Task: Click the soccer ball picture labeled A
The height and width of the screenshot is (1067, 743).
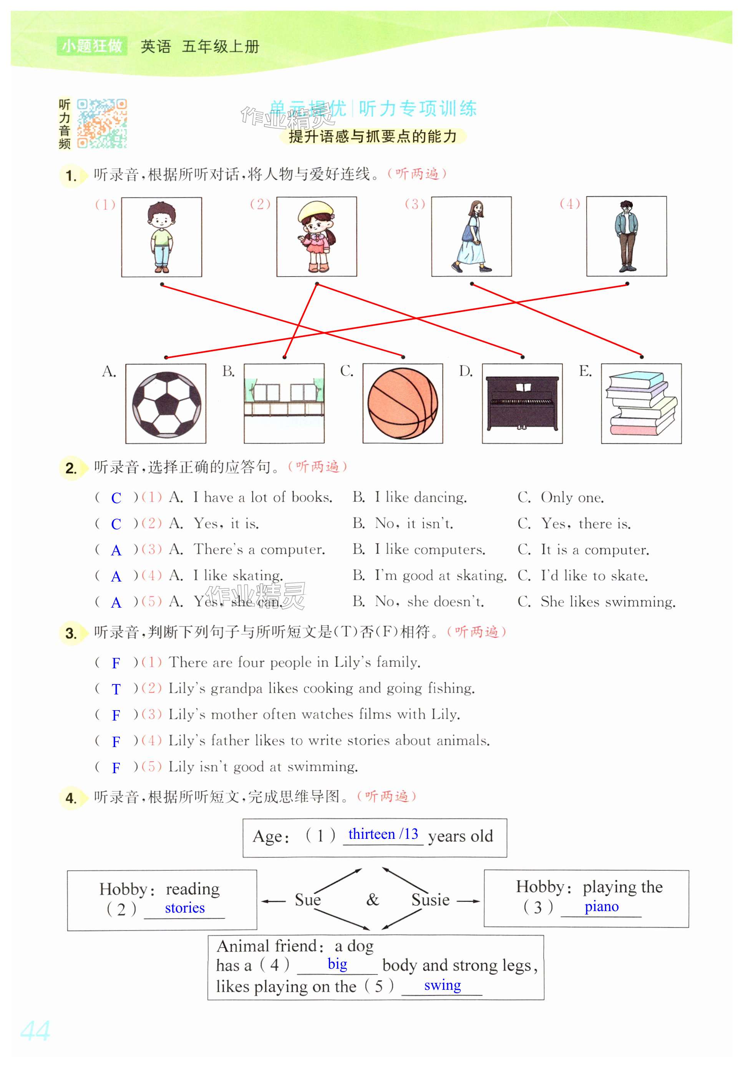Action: click(166, 403)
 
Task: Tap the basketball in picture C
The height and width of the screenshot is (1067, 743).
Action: click(402, 403)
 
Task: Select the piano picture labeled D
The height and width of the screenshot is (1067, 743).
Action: click(522, 403)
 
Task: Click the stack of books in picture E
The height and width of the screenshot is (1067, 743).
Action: click(641, 403)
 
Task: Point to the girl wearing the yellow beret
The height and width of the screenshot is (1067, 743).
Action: click(317, 237)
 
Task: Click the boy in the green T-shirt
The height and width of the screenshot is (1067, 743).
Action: click(161, 237)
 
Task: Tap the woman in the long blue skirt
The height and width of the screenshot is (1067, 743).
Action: click(471, 237)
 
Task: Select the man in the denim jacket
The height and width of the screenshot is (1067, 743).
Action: click(626, 237)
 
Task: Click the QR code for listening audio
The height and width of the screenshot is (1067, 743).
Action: click(102, 123)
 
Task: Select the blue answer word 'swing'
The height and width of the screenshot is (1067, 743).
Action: click(442, 985)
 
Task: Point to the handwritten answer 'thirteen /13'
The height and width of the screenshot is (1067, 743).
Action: click(383, 834)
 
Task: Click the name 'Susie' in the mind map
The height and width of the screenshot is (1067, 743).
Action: click(430, 900)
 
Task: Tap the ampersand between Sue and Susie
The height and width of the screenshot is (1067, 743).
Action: click(372, 900)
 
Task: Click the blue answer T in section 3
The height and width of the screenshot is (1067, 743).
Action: click(116, 689)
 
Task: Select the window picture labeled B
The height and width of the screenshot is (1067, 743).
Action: click(284, 403)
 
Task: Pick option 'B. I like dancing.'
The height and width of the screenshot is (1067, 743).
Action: click(409, 497)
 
